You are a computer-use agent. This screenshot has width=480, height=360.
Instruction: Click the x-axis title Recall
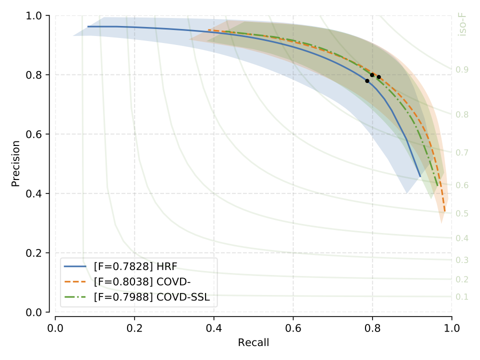pos(253,342)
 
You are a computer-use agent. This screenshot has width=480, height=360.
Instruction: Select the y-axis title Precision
pos(16,163)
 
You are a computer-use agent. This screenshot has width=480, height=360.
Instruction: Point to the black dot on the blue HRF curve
pos(367,81)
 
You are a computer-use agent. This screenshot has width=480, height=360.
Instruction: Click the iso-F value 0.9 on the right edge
pos(462,69)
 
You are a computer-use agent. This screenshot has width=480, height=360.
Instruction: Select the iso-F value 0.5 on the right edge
pos(462,213)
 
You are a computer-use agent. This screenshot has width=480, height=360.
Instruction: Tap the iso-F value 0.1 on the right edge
pos(462,297)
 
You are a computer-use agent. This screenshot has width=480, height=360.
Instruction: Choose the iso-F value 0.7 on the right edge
pos(462,152)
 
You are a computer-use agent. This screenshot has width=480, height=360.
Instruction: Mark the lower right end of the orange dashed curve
pos(444,212)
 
